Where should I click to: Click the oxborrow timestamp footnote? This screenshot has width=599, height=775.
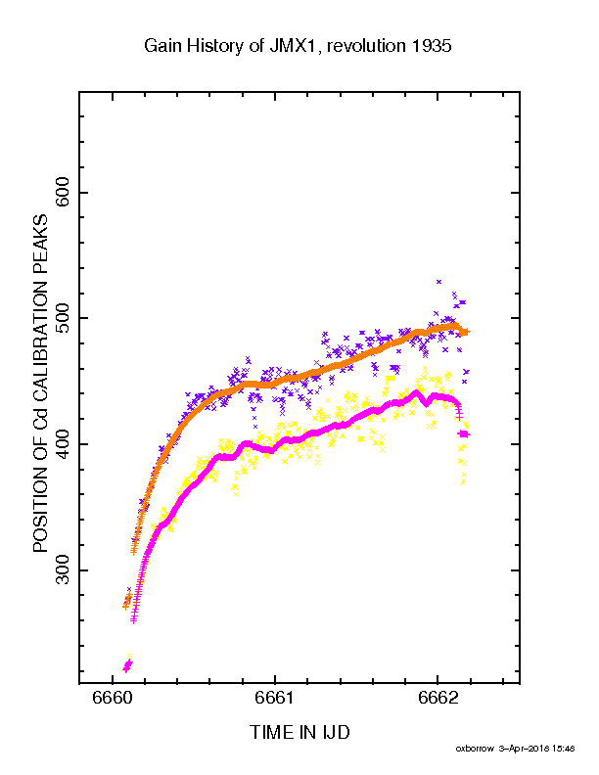[515, 750]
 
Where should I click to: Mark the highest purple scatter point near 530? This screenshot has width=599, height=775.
[439, 282]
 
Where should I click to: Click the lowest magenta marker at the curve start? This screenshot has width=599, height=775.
[125, 669]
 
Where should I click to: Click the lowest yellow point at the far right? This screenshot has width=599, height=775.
[463, 480]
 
